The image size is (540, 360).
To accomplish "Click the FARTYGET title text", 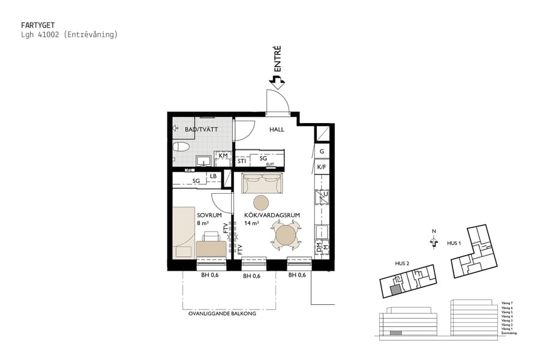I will pos(38,25).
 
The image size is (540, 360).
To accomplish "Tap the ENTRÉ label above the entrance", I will pos(277,60).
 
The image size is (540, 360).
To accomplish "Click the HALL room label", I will pos(277,129).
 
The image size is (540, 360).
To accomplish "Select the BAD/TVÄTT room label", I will pos(201,129).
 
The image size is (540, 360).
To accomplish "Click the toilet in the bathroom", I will pos(179,147).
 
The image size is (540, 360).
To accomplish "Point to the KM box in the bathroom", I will pos(223,156).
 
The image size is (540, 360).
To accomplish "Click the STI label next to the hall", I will pos(242,161).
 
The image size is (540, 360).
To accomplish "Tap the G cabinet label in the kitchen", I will pos(322,152).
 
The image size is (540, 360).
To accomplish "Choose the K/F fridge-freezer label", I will pos(322,167).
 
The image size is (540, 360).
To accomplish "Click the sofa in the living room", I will pos(262,183).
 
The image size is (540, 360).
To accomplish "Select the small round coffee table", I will pos(262,202).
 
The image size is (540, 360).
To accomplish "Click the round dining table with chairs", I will pos(286,235).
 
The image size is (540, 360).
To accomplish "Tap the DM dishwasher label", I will pos(319,245).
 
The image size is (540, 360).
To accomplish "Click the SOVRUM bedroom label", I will pos(209,215).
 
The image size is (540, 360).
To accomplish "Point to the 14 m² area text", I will pos(251,223).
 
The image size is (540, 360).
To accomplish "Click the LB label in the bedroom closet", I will pos(214,176).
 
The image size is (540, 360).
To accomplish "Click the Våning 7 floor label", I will pos(508,303).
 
